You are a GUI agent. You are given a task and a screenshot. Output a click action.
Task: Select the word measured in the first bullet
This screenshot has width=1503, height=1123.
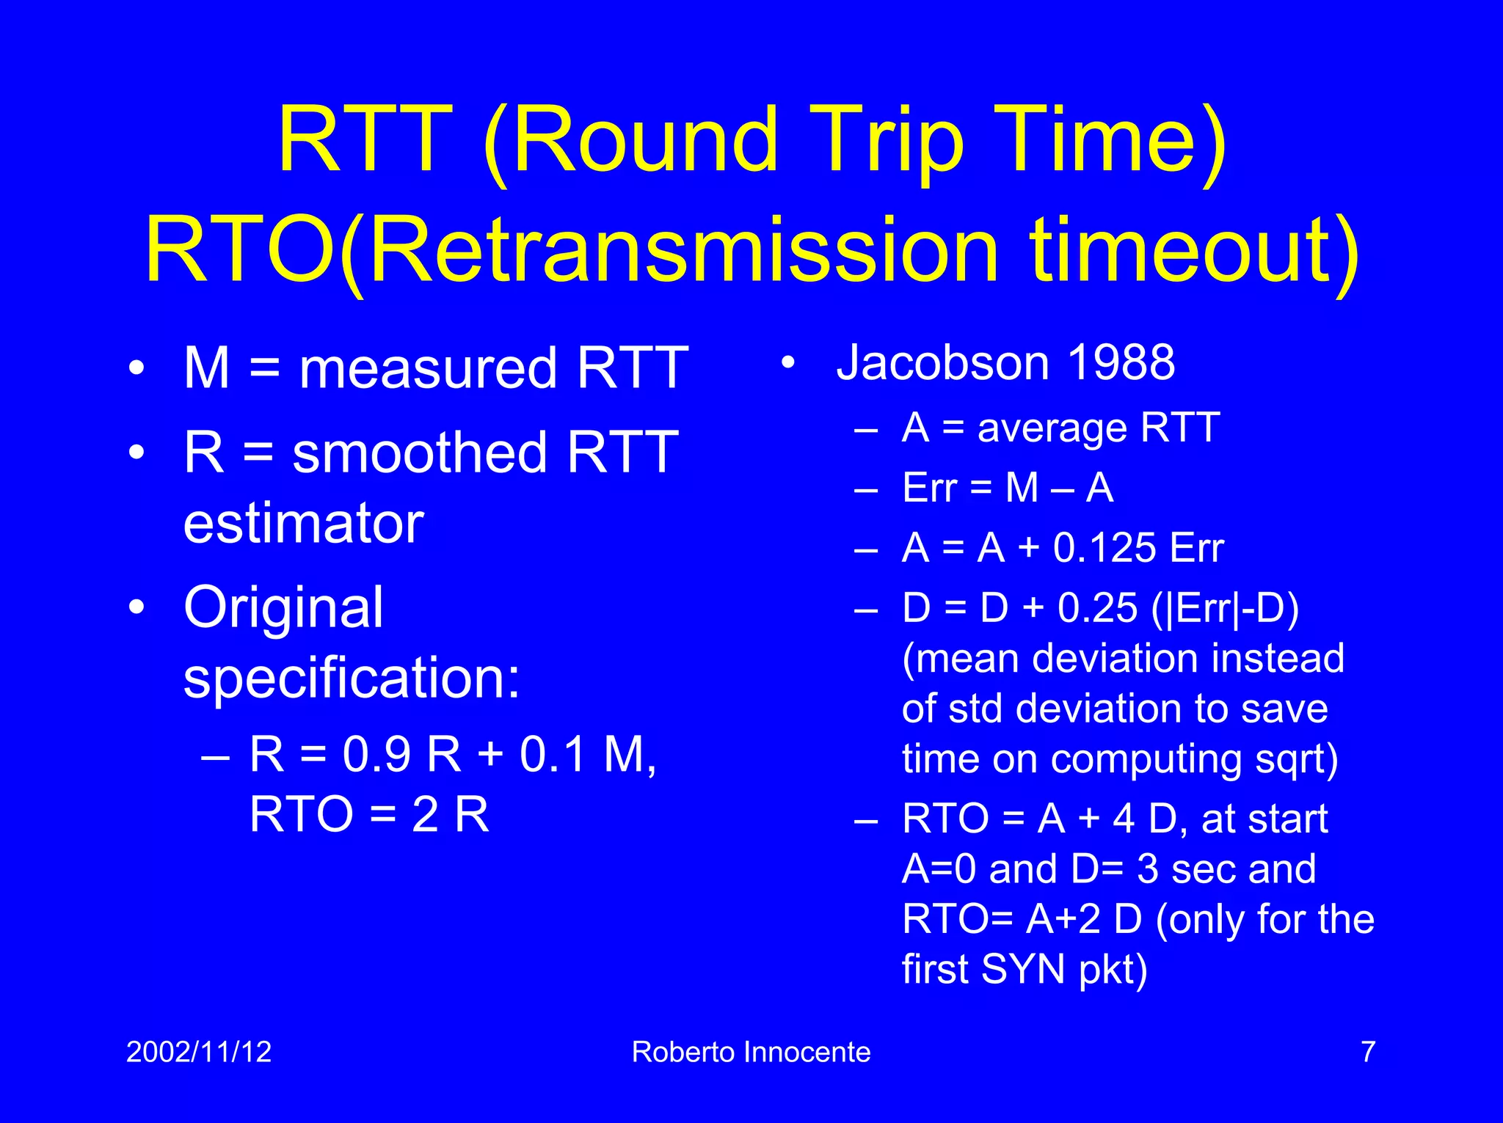click(x=428, y=368)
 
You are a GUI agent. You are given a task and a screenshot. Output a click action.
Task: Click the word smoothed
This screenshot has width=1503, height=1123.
click(x=419, y=453)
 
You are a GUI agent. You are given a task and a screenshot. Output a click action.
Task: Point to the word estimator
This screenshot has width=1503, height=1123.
click(x=303, y=524)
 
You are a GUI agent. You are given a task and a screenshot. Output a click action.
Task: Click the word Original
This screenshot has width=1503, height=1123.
click(x=283, y=608)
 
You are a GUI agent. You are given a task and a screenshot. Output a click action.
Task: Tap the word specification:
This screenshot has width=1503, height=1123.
click(x=352, y=678)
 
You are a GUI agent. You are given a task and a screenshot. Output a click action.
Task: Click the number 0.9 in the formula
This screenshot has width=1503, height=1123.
click(x=376, y=754)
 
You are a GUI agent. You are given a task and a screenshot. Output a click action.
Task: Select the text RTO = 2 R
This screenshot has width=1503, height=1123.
click(x=369, y=814)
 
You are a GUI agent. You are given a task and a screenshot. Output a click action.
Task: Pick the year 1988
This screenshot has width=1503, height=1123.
click(x=1121, y=362)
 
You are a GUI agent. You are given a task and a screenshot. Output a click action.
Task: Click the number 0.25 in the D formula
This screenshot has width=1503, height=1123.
click(x=1097, y=608)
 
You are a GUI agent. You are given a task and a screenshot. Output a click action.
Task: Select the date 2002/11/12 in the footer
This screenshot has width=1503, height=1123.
click(x=199, y=1052)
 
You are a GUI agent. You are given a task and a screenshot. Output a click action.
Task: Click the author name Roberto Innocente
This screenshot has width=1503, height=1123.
click(x=751, y=1052)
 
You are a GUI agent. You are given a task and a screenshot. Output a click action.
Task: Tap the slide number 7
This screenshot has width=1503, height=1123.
click(x=1368, y=1052)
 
